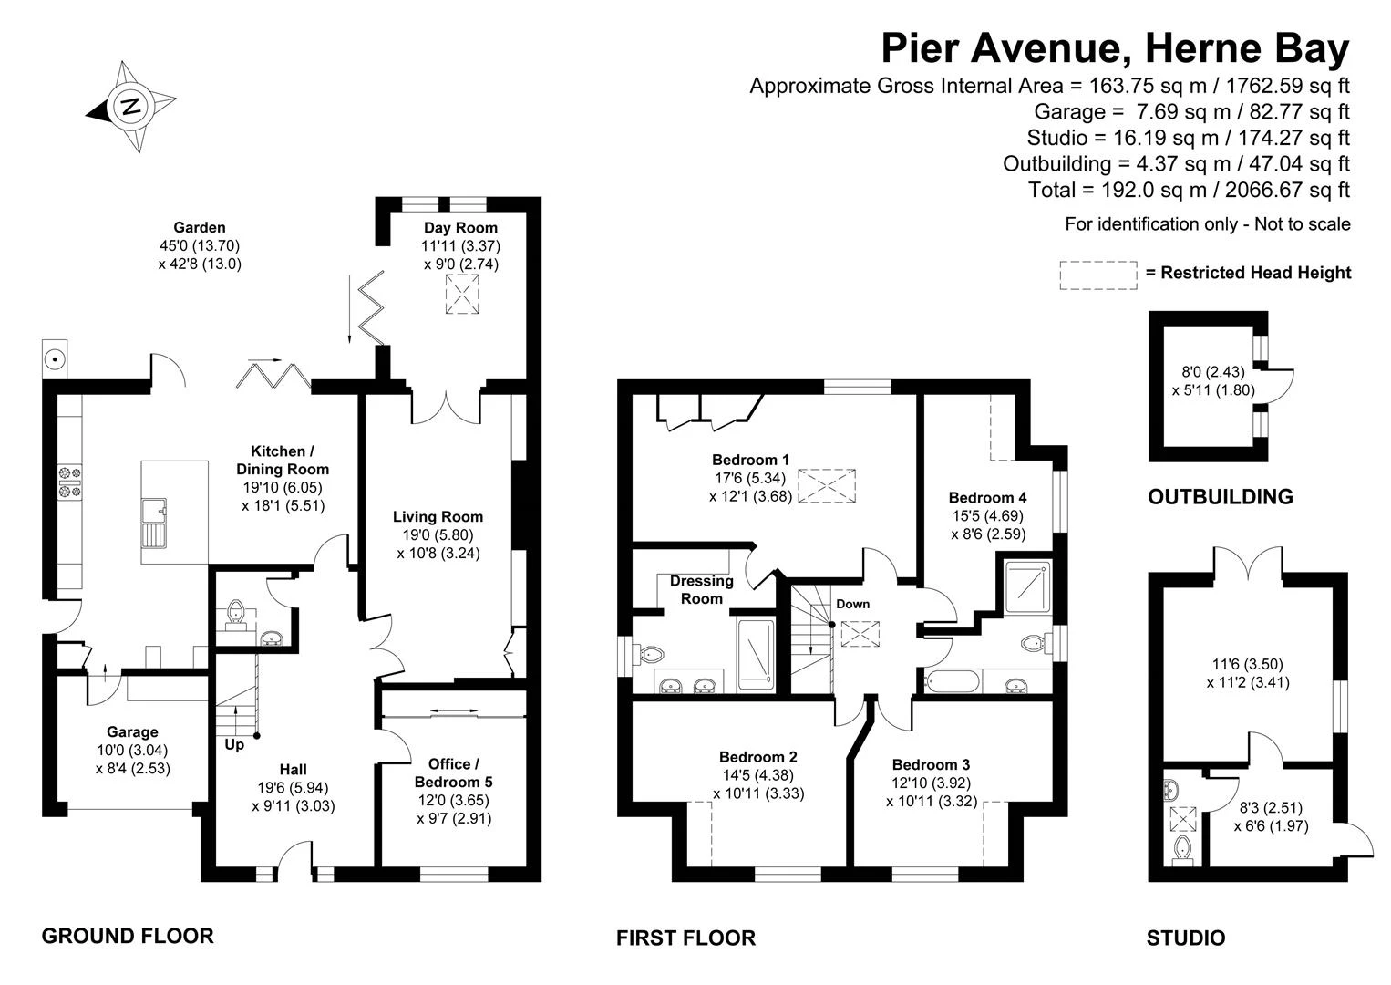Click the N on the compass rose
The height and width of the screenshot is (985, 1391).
click(x=130, y=107)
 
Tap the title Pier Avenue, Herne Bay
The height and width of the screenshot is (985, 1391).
click(x=1116, y=47)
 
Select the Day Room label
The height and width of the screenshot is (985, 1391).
click(x=460, y=227)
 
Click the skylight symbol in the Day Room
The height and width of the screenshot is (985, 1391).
click(x=462, y=294)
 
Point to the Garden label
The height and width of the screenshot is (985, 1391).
click(x=200, y=227)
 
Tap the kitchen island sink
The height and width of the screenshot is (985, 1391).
click(x=154, y=523)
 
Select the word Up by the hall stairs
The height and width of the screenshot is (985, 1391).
click(x=234, y=744)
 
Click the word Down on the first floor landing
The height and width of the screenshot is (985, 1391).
click(x=852, y=604)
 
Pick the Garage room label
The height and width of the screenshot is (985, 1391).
click(x=132, y=732)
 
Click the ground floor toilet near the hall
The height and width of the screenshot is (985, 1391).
click(x=236, y=611)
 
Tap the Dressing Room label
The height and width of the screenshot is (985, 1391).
click(x=702, y=590)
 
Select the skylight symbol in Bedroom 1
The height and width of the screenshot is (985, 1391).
click(x=827, y=485)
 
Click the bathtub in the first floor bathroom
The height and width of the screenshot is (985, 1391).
click(x=952, y=681)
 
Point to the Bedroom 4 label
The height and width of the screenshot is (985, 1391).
click(x=987, y=498)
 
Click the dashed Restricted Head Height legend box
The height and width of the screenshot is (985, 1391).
click(x=1097, y=275)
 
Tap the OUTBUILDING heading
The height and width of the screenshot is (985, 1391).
click(x=1221, y=496)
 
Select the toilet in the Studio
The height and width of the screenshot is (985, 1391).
click(x=1182, y=850)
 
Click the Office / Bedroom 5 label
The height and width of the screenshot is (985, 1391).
click(x=453, y=772)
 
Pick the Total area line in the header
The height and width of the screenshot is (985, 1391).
click(x=1189, y=190)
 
